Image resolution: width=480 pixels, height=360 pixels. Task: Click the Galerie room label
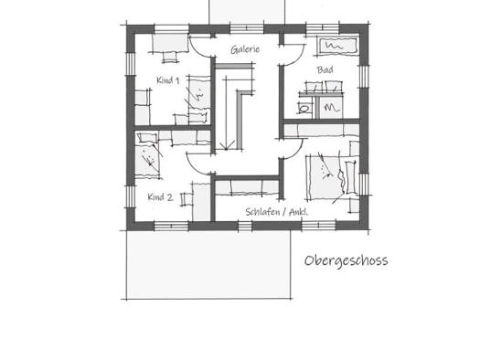tap(245, 49)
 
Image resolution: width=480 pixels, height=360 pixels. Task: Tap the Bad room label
tap(325, 70)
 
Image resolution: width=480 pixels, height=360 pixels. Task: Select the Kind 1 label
tap(167, 80)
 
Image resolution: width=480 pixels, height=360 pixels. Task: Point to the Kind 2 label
tap(160, 197)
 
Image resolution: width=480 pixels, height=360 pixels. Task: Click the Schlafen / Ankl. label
tap(276, 212)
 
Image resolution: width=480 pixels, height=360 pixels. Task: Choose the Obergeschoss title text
tap(346, 261)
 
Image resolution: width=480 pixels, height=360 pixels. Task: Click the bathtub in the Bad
tap(337, 46)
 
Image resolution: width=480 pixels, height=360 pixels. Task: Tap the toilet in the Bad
tap(304, 109)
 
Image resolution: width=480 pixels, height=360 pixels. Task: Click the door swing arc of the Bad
tap(297, 58)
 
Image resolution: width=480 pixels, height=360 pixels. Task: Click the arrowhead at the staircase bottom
tap(226, 147)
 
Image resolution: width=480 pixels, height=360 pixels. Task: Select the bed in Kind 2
tap(147, 155)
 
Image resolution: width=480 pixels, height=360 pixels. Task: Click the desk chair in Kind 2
tap(186, 199)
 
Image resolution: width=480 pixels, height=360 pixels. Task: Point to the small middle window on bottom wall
tap(245, 226)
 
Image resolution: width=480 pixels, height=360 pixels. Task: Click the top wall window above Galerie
tap(247, 29)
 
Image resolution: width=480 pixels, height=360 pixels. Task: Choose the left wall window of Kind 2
tap(131, 196)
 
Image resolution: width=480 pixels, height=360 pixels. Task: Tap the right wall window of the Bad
tap(364, 77)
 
